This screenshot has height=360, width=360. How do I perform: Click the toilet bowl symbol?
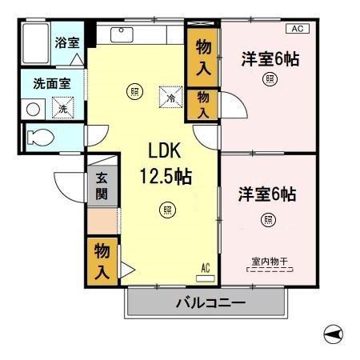38,137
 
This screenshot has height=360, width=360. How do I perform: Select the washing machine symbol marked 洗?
61,108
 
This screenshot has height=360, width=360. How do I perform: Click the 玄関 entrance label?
102,186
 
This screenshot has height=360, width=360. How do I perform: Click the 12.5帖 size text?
167,175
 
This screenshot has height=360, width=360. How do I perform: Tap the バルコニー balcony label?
206,304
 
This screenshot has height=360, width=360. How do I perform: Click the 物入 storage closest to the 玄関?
102,261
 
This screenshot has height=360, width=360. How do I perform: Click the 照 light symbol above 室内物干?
267,219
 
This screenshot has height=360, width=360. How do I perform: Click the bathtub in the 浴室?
34,46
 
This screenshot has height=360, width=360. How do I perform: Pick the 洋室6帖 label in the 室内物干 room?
267,194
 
